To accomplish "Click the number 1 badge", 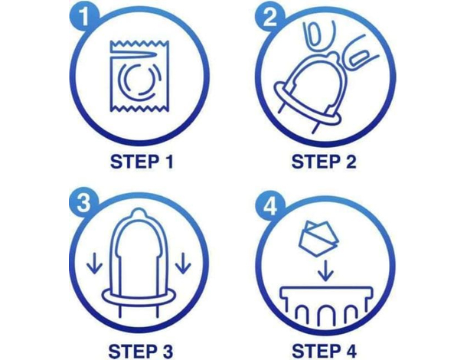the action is point(84,15).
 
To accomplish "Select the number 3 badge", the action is point(84,203).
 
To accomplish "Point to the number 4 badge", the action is point(270,206).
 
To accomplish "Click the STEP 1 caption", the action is point(142,162).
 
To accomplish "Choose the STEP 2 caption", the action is point(324,162).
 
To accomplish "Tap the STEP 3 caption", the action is point(141,351).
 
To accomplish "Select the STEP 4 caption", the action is point(325,351).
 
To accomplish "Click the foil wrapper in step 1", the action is point(139,77).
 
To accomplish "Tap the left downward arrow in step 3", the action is point(94,263).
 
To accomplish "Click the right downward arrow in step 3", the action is point(183,263).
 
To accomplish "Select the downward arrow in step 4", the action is point(326,270).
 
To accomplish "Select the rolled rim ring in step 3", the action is point(139,296).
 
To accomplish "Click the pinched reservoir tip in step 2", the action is point(333,56).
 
